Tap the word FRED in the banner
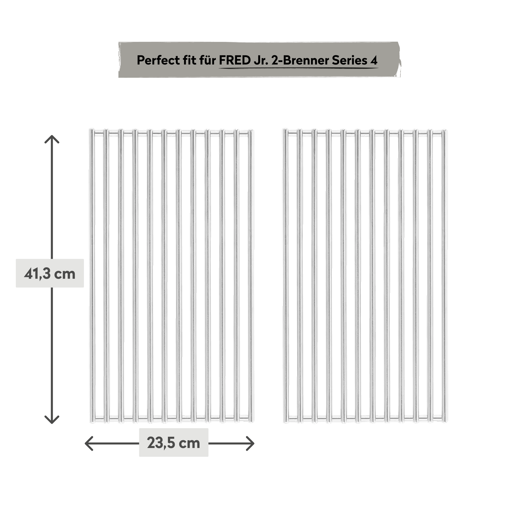[x=234, y=60]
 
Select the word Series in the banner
[x=350, y=60]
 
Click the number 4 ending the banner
[x=374, y=60]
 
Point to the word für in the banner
[x=207, y=60]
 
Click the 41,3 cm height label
[x=50, y=273]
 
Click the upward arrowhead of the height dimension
[x=52, y=139]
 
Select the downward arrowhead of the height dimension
[x=52, y=420]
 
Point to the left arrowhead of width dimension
[x=89, y=443]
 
